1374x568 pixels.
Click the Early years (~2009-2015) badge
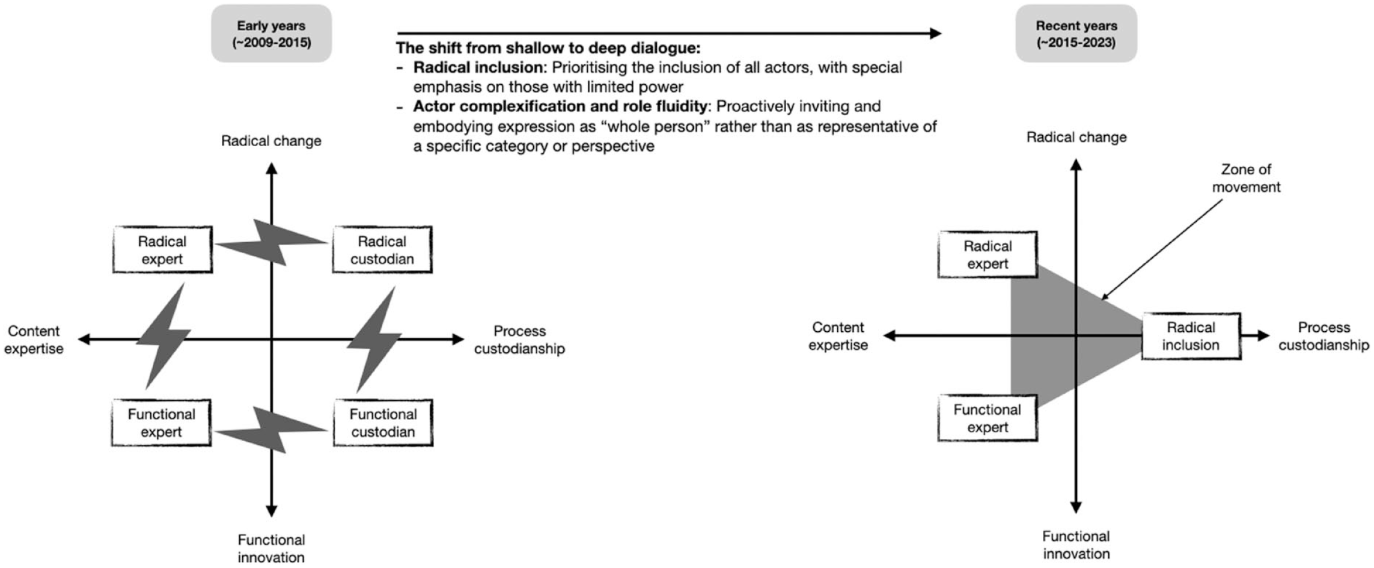[271, 34]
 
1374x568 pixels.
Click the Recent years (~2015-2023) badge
[1076, 34]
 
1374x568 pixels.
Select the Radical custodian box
[382, 250]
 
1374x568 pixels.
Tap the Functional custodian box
[383, 423]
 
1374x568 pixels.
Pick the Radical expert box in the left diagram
[162, 250]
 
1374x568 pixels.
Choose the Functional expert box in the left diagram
[161, 423]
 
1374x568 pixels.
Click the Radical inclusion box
[1191, 336]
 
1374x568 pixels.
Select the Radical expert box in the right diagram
[988, 255]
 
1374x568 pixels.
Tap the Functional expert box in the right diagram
[988, 418]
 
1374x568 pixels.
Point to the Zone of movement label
[1246, 178]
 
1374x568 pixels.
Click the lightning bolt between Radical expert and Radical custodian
[272, 243]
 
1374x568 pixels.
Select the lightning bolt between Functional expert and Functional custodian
[272, 430]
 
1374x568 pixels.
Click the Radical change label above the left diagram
[271, 141]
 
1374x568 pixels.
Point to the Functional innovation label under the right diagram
[1076, 545]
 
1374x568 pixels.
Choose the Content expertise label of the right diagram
[838, 336]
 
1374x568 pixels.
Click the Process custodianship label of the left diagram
[519, 340]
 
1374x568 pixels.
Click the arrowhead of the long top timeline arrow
[936, 34]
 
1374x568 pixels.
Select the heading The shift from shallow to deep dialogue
[548, 48]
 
